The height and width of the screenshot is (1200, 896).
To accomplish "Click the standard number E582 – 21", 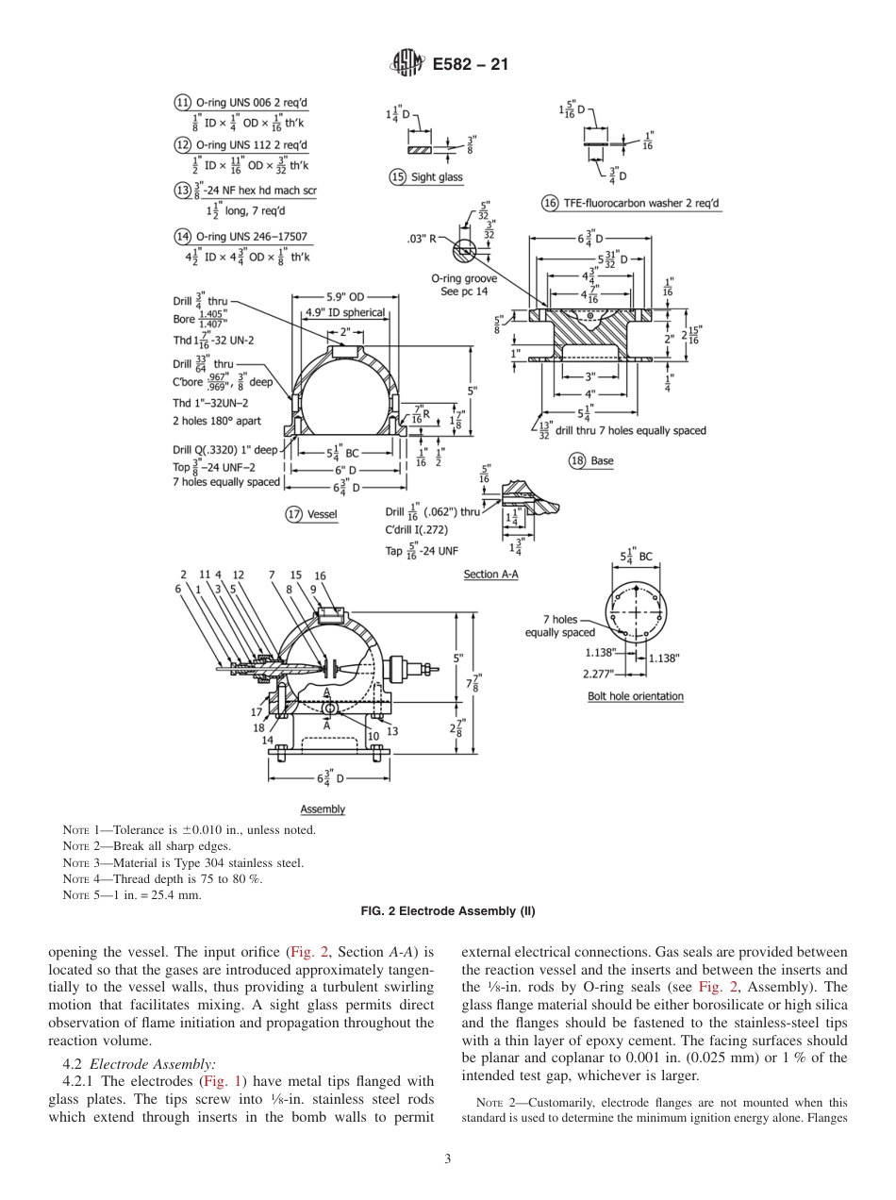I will (470, 64).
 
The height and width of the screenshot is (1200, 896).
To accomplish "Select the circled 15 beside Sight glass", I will (397, 176).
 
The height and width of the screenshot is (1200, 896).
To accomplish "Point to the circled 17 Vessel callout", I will (294, 514).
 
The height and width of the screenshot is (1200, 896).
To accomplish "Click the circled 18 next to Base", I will (577, 460).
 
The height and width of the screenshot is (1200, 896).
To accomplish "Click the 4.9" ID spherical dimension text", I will (344, 312).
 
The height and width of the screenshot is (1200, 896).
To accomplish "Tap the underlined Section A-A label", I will (490, 574).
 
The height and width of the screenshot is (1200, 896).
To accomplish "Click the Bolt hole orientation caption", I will (635, 696).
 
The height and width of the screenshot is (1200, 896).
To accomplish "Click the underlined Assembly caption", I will (323, 809).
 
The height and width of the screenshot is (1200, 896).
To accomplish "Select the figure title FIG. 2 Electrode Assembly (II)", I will (448, 911).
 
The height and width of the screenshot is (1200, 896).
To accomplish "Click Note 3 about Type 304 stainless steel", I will (183, 862).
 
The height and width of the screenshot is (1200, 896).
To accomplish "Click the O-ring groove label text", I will (462, 279).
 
